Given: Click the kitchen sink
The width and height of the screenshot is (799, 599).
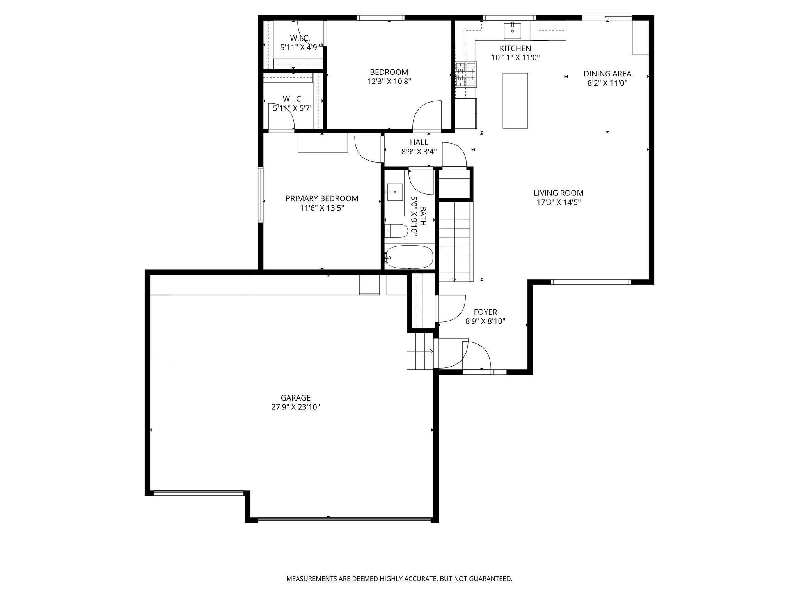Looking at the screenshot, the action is (x=513, y=30).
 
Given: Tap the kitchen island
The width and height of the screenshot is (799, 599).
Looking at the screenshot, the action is (x=515, y=101).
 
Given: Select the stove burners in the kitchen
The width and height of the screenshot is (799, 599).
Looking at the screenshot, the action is (x=466, y=74).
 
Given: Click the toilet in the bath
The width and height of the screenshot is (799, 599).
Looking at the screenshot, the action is (x=396, y=231).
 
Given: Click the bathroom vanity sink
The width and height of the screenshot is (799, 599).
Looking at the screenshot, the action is (x=395, y=192).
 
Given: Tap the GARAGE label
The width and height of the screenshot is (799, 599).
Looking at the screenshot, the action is (x=296, y=398).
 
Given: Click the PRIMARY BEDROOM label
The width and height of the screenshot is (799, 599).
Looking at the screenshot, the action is (x=322, y=198).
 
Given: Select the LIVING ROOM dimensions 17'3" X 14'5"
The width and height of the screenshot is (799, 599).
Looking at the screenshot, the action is (x=559, y=202).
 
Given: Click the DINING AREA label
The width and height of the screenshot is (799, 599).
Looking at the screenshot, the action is (x=607, y=74).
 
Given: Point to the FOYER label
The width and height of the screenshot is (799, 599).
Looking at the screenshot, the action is (x=485, y=312).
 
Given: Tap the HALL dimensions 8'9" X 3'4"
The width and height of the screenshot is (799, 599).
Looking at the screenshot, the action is (x=419, y=152).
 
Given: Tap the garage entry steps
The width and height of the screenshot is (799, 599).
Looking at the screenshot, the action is (x=421, y=351).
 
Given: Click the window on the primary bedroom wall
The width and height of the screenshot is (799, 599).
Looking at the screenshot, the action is (x=261, y=194).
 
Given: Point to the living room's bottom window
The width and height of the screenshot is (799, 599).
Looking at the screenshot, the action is (x=591, y=282).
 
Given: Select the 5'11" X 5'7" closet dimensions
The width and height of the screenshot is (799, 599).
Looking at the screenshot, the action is (x=293, y=108).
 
